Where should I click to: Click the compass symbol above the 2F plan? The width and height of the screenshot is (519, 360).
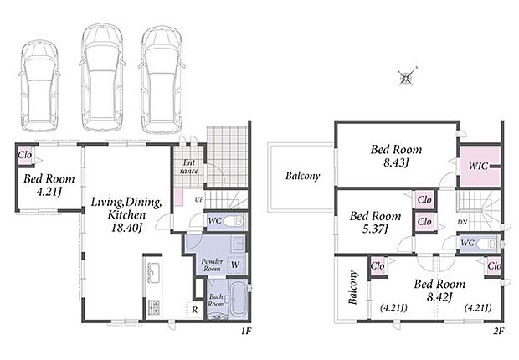click(407, 78)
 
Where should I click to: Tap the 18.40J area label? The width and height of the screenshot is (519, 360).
click(126, 228)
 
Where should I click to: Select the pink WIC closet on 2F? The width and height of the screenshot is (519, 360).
click(480, 167)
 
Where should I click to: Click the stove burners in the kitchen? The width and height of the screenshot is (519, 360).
click(153, 307)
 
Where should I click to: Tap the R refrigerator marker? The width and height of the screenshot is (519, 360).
click(195, 310)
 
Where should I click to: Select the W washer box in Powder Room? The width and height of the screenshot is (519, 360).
click(237, 265)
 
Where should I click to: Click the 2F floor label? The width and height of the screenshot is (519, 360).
click(498, 331)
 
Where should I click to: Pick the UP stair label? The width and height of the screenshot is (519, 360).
click(198, 200)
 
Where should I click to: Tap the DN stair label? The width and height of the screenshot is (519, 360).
click(462, 222)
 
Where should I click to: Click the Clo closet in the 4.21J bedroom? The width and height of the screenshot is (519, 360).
click(25, 155)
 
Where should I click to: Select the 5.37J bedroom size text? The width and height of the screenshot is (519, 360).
click(375, 229)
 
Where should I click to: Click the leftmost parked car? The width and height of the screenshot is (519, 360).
click(39, 85)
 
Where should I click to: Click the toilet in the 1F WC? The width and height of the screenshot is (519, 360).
click(233, 222)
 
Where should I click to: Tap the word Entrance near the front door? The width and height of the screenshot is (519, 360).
click(189, 167)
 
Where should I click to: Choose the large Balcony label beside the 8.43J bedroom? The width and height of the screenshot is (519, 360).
click(302, 176)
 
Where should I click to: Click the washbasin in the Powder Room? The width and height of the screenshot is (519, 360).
click(238, 244)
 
